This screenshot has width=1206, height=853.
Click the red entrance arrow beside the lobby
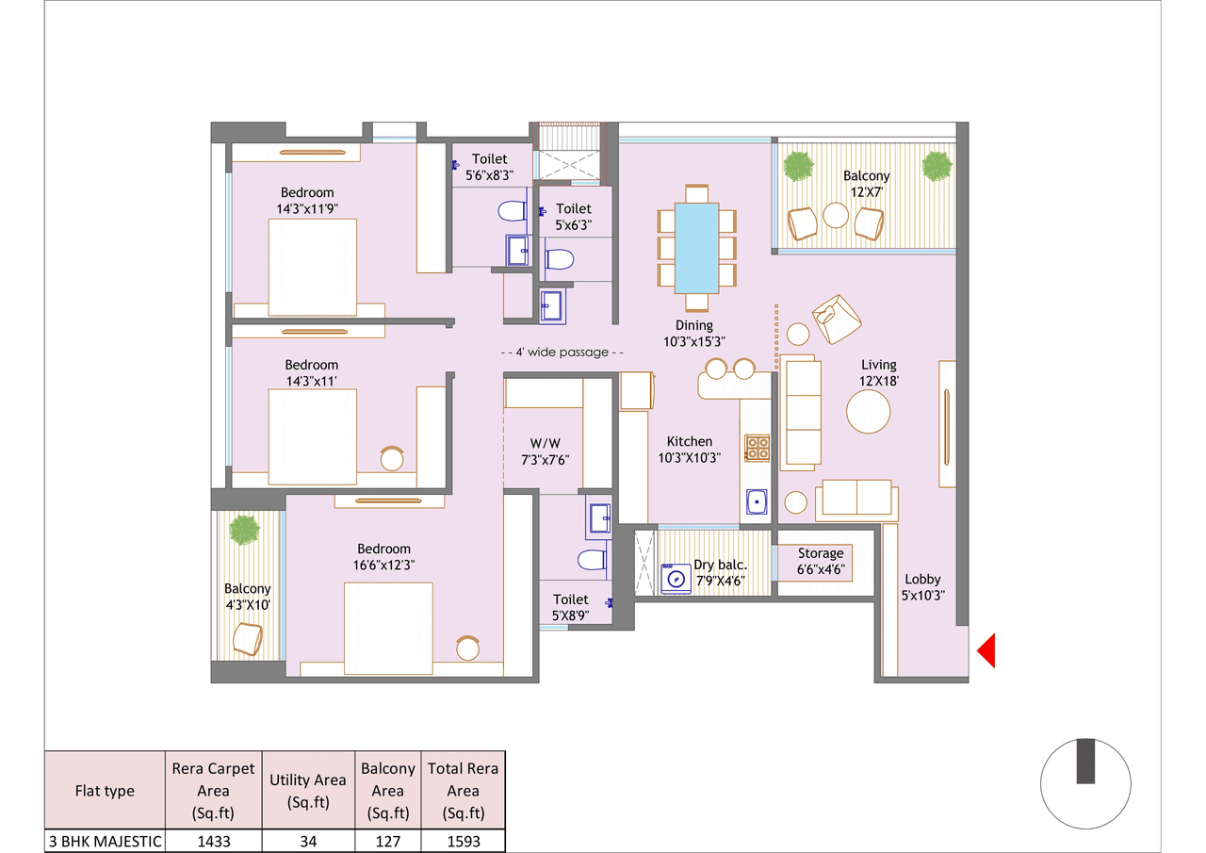(x=986, y=651)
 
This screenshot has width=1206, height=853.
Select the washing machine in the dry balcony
(x=676, y=579)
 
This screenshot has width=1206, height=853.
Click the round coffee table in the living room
(x=868, y=411)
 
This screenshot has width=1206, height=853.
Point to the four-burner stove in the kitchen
(x=757, y=448)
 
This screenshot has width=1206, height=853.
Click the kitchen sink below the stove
(x=756, y=501)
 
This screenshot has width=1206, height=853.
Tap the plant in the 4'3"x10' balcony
(x=244, y=530)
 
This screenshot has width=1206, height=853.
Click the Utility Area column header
(x=307, y=791)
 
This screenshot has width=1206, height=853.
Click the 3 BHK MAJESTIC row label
(x=105, y=841)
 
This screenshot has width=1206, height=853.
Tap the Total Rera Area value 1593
(x=463, y=841)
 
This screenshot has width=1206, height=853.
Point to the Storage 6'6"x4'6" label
(x=821, y=562)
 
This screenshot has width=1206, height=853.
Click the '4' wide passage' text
(x=562, y=352)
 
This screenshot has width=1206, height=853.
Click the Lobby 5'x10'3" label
(x=922, y=587)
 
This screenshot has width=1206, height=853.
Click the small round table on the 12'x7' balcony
(x=836, y=216)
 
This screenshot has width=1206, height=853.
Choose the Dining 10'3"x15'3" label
(x=695, y=334)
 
